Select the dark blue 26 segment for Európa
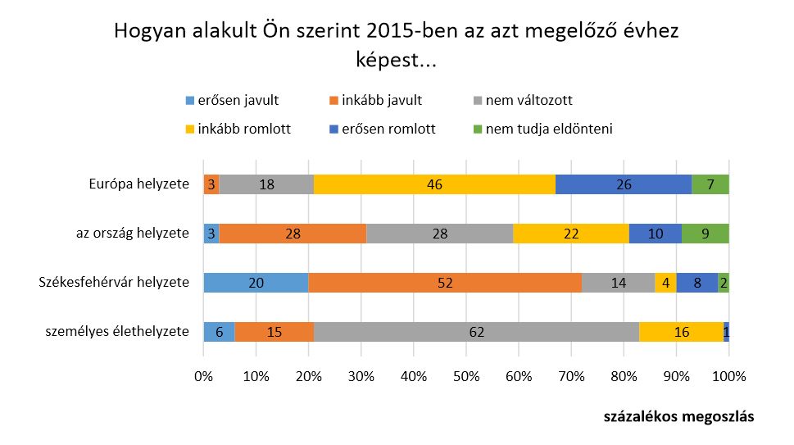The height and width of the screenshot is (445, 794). coord(624,184)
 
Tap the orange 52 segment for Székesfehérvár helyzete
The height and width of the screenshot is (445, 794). coord(445,283)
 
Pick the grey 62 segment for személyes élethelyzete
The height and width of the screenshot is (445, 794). coord(476,331)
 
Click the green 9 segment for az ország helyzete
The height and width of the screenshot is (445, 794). coord(706,234)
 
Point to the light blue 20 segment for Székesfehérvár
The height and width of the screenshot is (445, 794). coord(256,283)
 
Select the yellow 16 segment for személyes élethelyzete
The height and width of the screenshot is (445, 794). coord(681,331)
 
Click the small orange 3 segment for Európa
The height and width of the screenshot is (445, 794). coord(211,184)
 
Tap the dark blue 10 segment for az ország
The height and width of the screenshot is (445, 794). coord(656,234)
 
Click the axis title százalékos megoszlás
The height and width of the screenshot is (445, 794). coord(678,415)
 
